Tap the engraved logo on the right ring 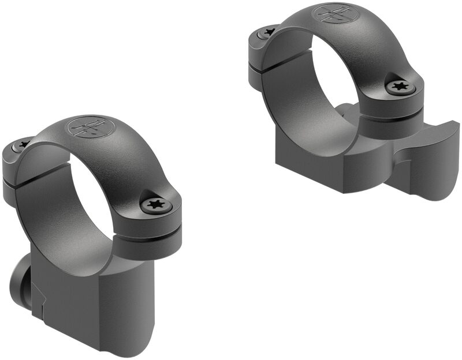(x=333, y=13)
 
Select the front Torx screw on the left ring (x=154, y=204)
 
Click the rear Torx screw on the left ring (x=23, y=144)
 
